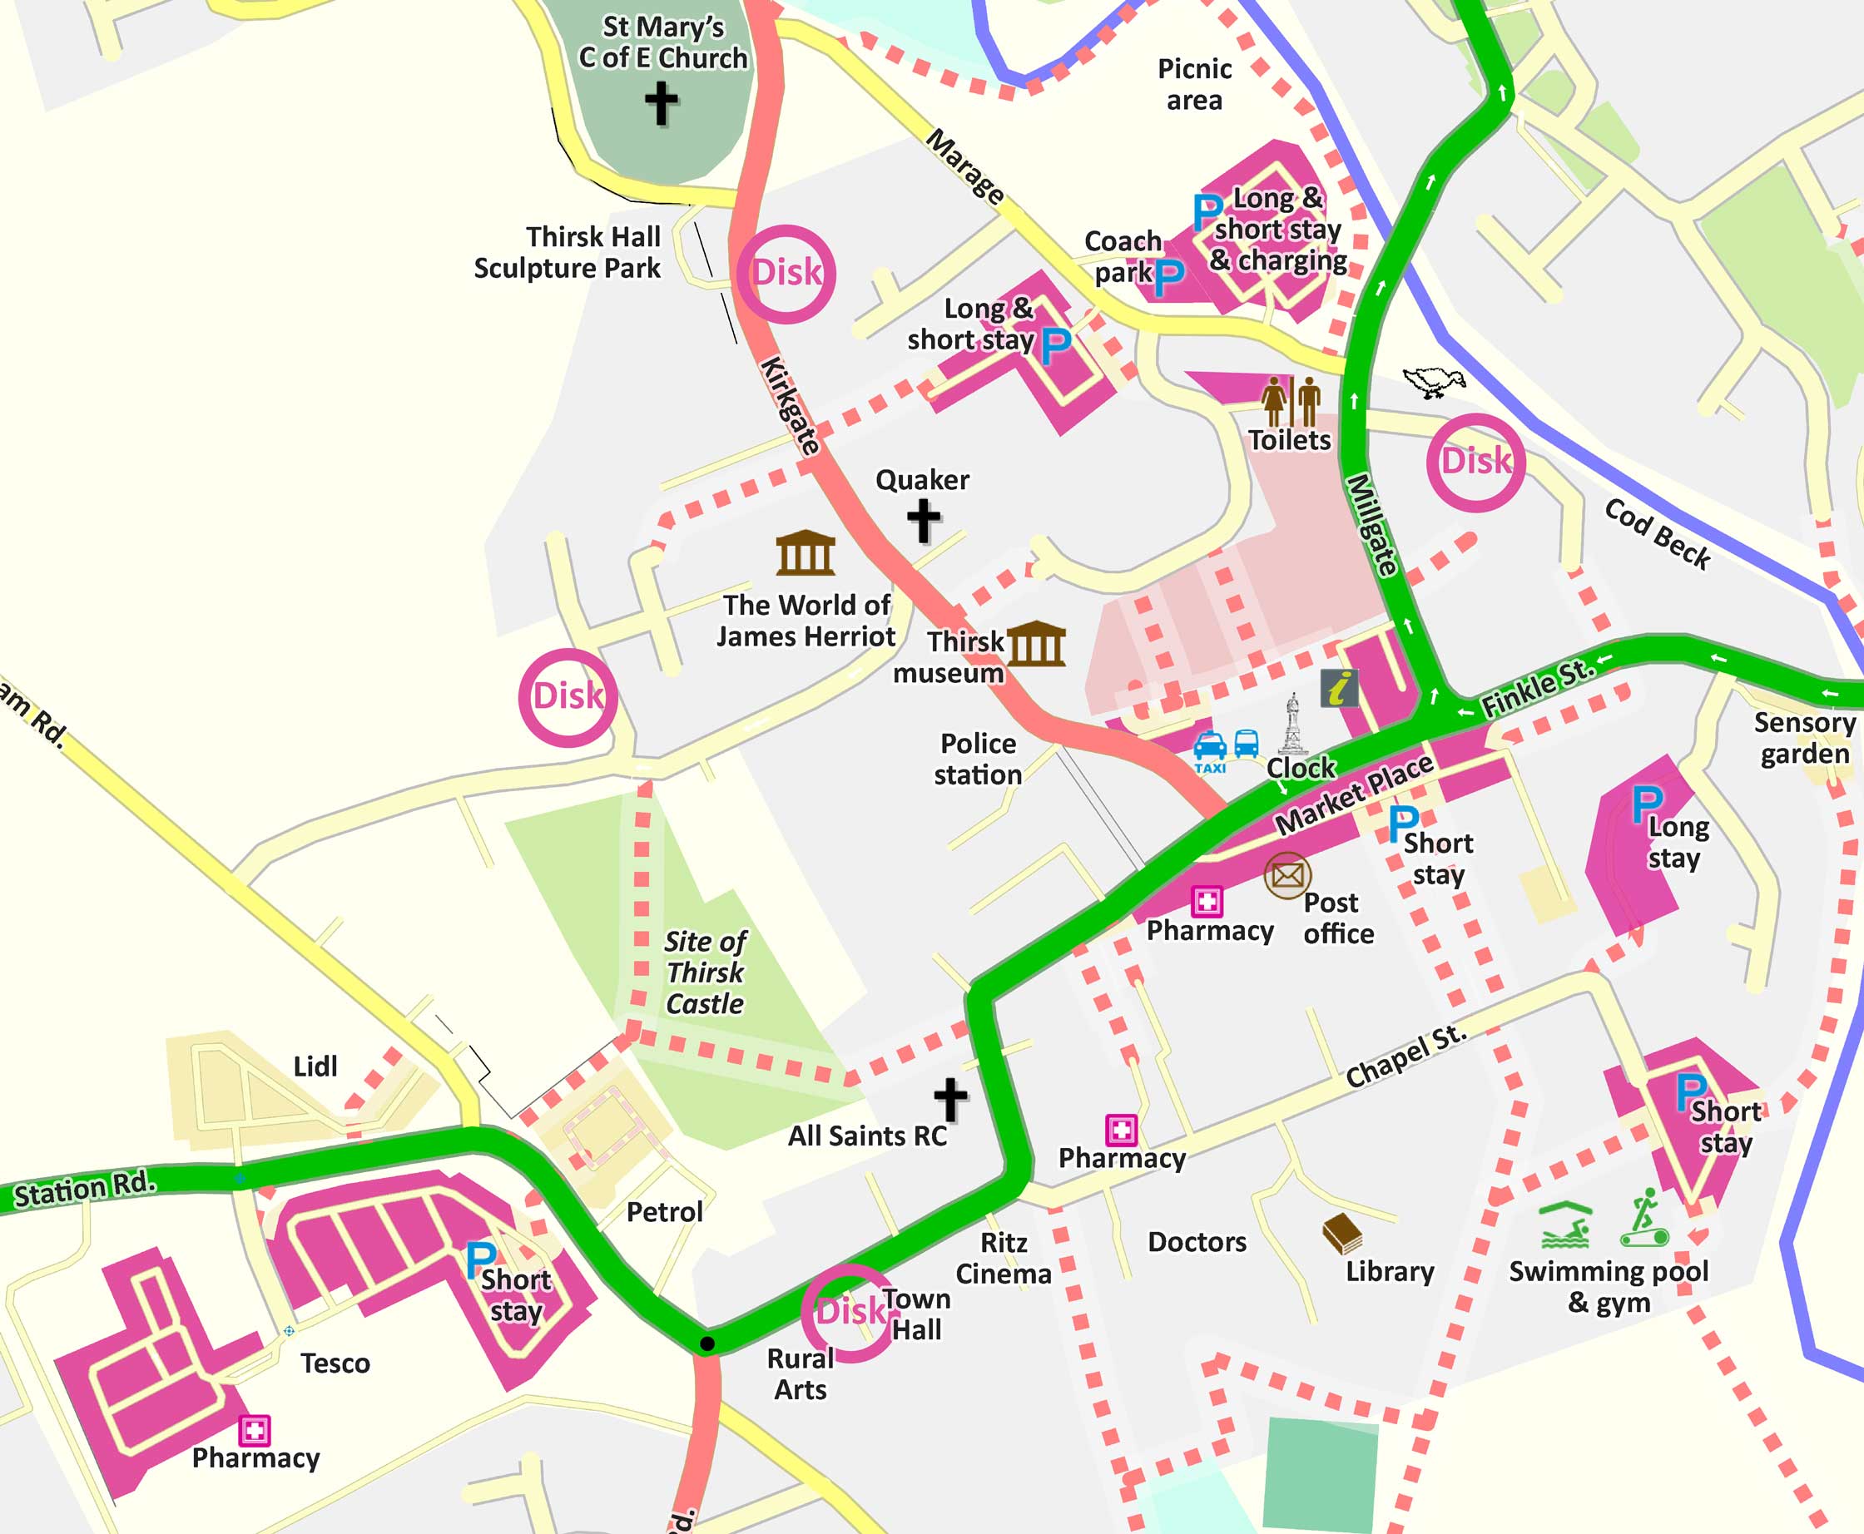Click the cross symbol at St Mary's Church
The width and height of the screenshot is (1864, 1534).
[x=661, y=103]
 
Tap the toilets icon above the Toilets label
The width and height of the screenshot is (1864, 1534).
[x=1291, y=402]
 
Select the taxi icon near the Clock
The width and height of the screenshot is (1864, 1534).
[x=1209, y=750]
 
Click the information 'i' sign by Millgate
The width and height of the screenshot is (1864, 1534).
[x=1339, y=687]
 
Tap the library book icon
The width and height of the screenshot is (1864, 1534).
[x=1341, y=1234]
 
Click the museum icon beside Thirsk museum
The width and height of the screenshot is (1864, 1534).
[x=1036, y=643]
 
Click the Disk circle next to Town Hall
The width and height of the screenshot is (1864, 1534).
[x=849, y=1311]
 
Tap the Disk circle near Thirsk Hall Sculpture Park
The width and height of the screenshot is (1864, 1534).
[x=785, y=273]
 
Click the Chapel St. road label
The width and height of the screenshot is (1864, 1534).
[x=1405, y=1056]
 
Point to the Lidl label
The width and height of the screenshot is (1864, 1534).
[x=315, y=1066]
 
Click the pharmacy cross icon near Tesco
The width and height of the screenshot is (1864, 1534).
[x=255, y=1430]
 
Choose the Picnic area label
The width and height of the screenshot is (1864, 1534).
[x=1194, y=85]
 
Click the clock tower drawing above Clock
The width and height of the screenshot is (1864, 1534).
[x=1292, y=724]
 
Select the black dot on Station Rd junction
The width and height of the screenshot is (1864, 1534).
[x=707, y=1344]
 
